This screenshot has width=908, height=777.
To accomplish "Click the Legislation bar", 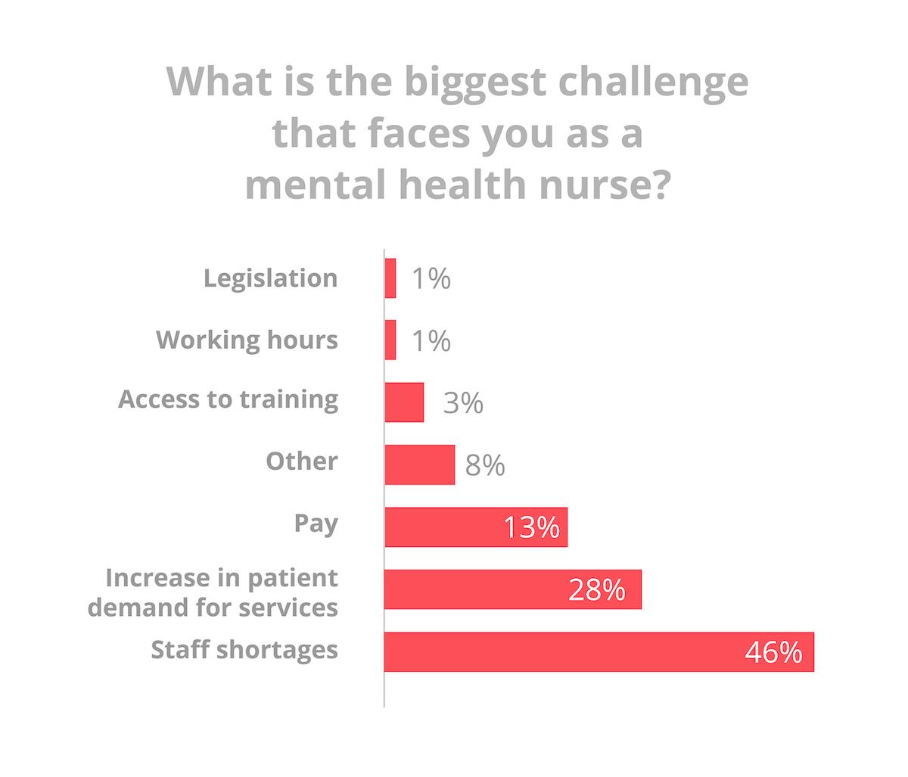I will coord(390,278).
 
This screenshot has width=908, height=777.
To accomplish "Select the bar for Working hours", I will coord(390,340).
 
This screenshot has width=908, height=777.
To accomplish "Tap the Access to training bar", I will coord(404,402).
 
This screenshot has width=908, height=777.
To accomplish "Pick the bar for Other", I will coord(420,465).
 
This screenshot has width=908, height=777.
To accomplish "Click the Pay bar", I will coord(443,527).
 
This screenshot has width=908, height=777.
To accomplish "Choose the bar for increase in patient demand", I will coord(477,589).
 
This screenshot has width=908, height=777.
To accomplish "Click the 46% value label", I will coord(773,652).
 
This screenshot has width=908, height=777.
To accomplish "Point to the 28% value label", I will coord(597,590).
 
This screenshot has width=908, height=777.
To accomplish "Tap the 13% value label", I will coord(531,527).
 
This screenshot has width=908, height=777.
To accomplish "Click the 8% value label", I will coord(485,465).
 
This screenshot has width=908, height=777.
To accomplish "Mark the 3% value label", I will coord(463,402).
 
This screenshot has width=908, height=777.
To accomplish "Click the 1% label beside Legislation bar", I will coord(431,279).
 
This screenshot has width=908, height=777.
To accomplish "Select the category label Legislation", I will coord(270,278).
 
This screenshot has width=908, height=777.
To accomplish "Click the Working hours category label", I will coord(247,340).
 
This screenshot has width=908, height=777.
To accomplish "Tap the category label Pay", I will coord(316,524).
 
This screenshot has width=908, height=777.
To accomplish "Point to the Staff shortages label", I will coord(244,650).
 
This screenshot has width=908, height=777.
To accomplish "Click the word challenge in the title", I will coord(653,82).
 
